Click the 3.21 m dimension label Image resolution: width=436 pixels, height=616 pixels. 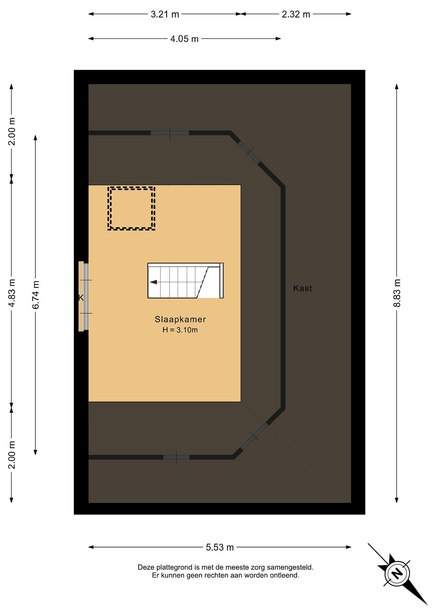point(165,14)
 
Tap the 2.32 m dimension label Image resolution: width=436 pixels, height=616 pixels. point(296,14)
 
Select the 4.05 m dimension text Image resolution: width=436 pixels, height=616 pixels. point(185,39)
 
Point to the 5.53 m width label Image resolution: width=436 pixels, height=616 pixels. point(220,547)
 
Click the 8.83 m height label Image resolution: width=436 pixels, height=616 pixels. point(397,293)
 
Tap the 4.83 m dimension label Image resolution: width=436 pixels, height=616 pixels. point(12,293)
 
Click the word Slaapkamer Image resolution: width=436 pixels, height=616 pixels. point(180,319)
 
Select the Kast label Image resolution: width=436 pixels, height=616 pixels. point(303,288)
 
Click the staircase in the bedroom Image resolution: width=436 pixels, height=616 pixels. point(185,281)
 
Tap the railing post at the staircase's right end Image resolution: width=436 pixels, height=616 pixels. point(222,281)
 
